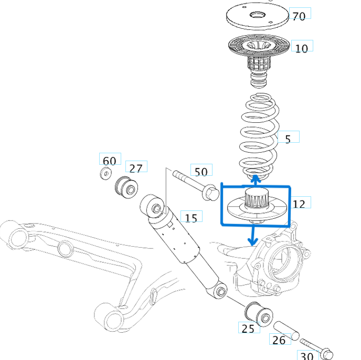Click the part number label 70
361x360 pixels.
click(x=299, y=16)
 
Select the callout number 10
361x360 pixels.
click(x=301, y=48)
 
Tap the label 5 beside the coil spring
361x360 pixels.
click(x=288, y=139)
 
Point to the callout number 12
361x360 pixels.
click(x=299, y=204)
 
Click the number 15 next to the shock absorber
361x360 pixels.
click(x=191, y=217)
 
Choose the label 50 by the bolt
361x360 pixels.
click(x=201, y=171)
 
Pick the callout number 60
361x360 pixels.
click(x=109, y=160)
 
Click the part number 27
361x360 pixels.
click(x=135, y=168)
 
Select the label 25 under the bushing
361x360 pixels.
click(x=248, y=329)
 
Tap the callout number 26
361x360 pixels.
click(x=279, y=340)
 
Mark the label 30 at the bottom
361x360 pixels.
click(x=306, y=356)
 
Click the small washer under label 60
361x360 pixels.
click(x=107, y=174)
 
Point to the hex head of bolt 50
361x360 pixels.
click(x=210, y=193)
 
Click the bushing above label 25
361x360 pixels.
click(x=258, y=313)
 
